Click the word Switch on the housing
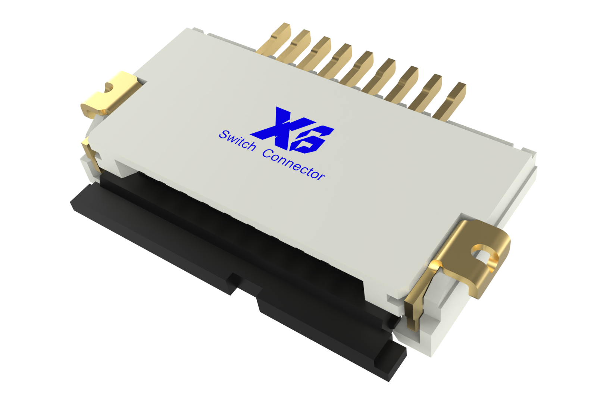pyautogui.click(x=237, y=140)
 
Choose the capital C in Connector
pyautogui.click(x=268, y=153)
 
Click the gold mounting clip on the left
pyautogui.click(x=108, y=95)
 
